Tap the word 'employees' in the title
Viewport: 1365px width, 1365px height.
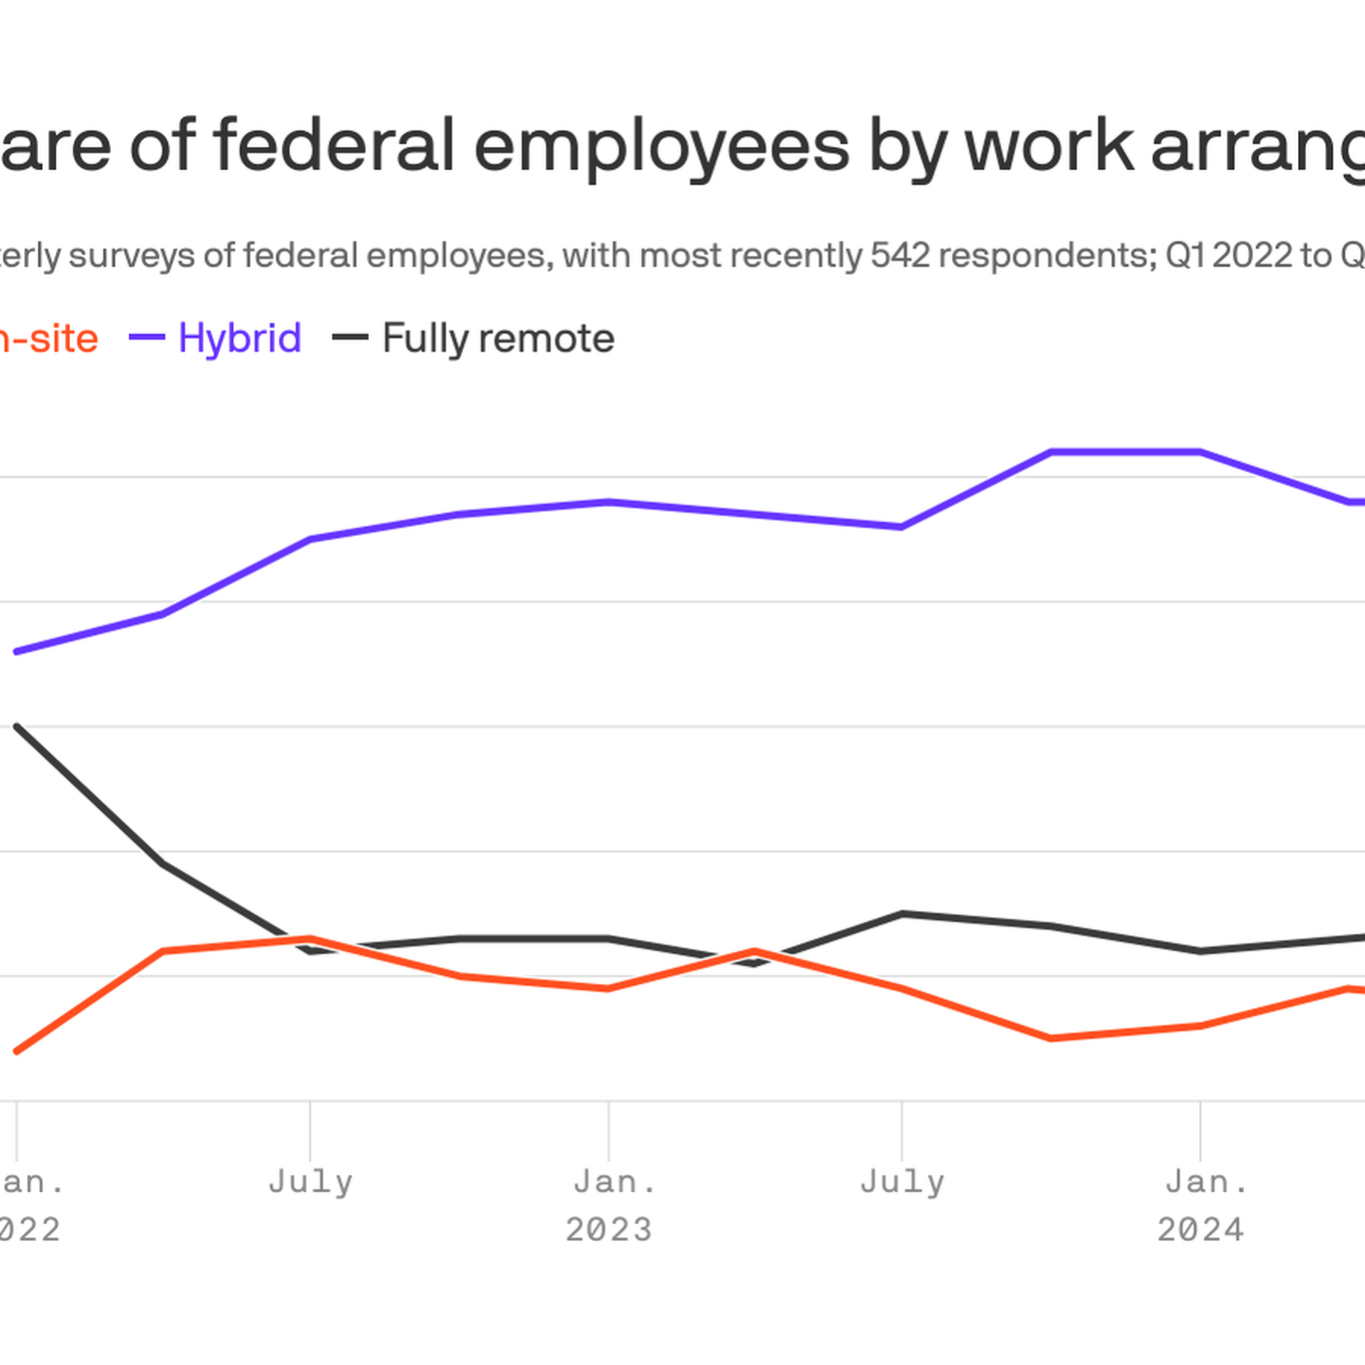662,146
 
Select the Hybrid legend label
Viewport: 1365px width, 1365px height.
240,338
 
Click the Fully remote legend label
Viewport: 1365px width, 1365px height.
498,338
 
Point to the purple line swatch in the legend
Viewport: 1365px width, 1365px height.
147,338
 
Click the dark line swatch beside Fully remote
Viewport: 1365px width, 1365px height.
350,338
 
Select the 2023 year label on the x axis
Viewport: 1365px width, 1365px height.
609,1229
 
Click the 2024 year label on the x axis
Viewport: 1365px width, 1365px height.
1200,1229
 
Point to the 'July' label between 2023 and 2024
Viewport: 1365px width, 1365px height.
901,1182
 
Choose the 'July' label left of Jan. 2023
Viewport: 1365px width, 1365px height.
310,1182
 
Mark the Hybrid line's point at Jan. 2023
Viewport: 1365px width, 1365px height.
609,502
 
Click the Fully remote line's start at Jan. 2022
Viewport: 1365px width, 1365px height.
17,726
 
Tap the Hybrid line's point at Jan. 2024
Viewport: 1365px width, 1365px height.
1200,453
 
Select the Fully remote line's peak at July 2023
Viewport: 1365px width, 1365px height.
901,913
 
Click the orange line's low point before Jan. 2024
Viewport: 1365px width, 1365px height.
1051,1038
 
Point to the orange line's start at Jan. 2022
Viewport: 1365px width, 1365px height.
17,1051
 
